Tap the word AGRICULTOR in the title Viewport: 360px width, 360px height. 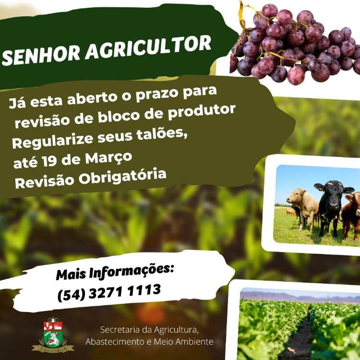point(148,48)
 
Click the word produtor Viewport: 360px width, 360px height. point(202,111)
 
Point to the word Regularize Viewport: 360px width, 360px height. point(53,141)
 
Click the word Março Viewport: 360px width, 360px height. point(108,158)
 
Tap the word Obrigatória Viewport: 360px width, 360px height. point(122,177)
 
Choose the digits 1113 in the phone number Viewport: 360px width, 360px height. point(144,290)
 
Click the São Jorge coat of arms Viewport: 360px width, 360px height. point(53,335)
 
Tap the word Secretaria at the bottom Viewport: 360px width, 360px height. point(120,330)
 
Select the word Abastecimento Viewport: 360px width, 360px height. point(115,342)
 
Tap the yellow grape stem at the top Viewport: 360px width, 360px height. point(242,16)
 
